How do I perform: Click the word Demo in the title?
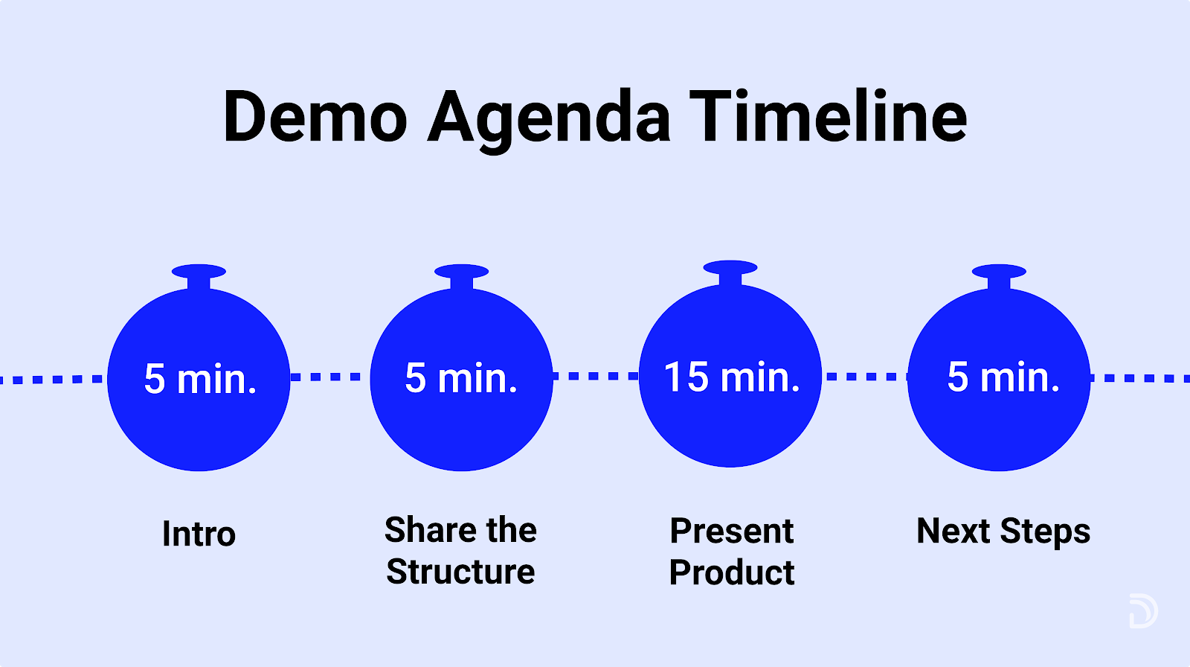[x=315, y=116]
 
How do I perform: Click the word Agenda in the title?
[x=549, y=121]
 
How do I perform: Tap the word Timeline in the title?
[x=829, y=116]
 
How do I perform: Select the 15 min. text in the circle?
[x=732, y=377]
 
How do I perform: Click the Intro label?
[x=199, y=534]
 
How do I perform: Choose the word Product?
[x=732, y=572]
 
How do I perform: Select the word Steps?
[x=1045, y=532]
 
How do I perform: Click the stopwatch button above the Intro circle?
[x=199, y=276]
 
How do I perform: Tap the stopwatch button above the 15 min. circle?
[x=730, y=272]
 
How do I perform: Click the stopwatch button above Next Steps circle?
[x=999, y=276]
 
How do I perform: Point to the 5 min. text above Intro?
[x=200, y=379]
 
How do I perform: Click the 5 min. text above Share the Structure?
[x=460, y=377]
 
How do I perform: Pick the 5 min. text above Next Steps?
[x=1003, y=377]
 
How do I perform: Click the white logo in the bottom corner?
[x=1143, y=610]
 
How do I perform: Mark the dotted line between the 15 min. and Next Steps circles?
[x=865, y=377]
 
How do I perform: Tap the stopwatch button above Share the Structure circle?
[x=461, y=276]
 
